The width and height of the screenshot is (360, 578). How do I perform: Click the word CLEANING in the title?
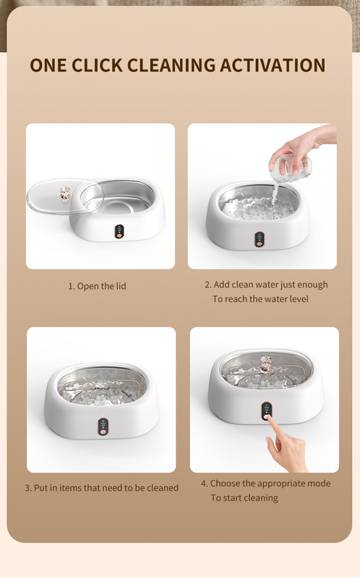[x=171, y=65]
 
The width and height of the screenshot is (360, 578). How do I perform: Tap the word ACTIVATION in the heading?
[x=273, y=65]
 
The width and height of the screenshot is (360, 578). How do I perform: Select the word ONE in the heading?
[x=48, y=65]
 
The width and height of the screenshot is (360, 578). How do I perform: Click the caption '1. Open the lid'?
[x=98, y=286]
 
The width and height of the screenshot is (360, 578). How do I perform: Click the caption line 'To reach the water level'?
[x=260, y=299]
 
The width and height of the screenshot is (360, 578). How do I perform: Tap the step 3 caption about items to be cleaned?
[x=101, y=488]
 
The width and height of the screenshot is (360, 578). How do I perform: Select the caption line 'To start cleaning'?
[x=244, y=498]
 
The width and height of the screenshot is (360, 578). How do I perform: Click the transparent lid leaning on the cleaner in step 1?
[x=64, y=196]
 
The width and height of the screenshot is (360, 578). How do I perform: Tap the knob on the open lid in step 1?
[x=65, y=193]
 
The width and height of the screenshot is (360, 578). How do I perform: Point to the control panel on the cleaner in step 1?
[x=119, y=231]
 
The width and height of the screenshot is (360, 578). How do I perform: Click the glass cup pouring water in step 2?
[x=291, y=168]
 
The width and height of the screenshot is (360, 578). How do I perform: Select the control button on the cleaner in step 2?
[x=260, y=243]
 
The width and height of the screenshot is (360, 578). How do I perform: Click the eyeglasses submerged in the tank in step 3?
[x=101, y=388]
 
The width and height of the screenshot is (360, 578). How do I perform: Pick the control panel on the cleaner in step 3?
[x=103, y=426]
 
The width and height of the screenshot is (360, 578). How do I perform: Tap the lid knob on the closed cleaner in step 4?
[x=265, y=363]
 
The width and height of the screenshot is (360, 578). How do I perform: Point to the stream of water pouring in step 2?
[x=274, y=194]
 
